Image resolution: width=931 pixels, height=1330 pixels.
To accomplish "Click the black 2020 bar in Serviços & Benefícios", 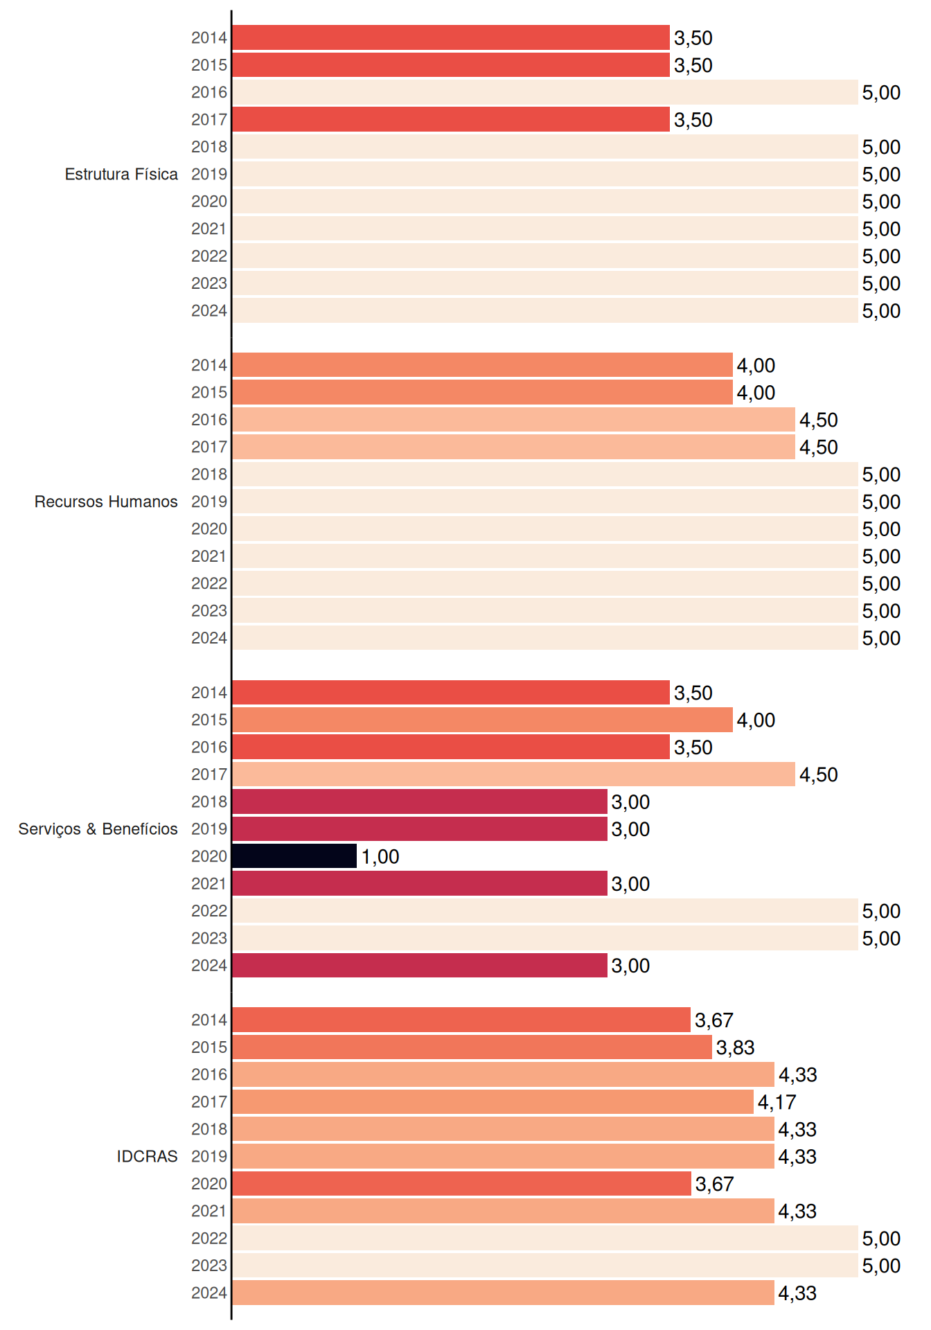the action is (294, 856).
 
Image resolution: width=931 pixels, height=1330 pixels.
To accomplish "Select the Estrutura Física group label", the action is (121, 174).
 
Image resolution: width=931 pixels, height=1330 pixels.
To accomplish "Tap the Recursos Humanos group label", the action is (106, 502).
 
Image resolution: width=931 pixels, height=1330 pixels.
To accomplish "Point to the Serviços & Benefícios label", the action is (98, 829).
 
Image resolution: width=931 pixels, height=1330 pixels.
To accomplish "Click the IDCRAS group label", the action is (147, 1156).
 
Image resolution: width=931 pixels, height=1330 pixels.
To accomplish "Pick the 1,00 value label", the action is (380, 857).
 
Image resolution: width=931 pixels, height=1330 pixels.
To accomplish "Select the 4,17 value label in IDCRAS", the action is (777, 1102).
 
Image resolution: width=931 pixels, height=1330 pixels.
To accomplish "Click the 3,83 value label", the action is (735, 1047).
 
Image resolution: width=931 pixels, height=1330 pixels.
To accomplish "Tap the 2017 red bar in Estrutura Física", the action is (451, 119).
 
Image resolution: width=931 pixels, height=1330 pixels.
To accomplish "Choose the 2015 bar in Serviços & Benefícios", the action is (482, 720).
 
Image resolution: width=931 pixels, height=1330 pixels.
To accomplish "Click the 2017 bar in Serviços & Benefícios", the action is (513, 774).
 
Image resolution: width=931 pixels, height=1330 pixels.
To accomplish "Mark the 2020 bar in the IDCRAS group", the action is (461, 1184).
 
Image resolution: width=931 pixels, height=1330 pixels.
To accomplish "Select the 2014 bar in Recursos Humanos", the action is (482, 365).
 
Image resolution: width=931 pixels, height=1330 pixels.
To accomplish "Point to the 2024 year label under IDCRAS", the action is (209, 1293).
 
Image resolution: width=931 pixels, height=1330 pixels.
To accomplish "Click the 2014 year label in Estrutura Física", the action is (209, 37).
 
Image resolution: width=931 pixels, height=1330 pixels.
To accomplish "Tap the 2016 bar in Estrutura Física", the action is (545, 92).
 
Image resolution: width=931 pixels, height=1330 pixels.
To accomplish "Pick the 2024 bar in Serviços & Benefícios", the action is (420, 966).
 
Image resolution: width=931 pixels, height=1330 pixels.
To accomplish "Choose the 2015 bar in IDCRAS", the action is (472, 1047).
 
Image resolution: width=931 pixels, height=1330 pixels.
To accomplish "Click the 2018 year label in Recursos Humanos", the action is (209, 475).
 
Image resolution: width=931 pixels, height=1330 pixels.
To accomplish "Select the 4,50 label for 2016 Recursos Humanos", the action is (818, 420).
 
